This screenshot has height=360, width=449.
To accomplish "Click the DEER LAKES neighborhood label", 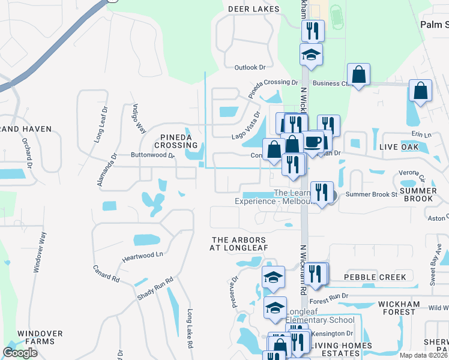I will tap(254, 9).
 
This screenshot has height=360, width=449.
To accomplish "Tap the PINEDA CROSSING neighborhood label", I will tap(175, 142).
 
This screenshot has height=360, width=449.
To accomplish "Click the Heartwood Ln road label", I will tap(143, 254).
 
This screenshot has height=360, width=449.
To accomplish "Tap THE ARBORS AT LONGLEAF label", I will tap(238, 244).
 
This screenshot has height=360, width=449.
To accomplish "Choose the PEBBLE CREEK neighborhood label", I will tap(375, 277).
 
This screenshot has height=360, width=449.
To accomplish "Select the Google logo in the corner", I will tap(20, 352).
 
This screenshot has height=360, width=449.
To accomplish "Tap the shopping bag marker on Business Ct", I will tap(358, 75).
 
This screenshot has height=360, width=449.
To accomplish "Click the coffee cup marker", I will tap(312, 142).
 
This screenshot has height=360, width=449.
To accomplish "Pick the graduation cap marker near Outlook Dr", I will tap(311, 55).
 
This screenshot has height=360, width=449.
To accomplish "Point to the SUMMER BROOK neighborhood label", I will tap(418, 194).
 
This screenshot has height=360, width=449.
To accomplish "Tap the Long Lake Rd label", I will tap(190, 329).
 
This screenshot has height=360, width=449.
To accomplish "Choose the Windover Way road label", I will tap(38, 253).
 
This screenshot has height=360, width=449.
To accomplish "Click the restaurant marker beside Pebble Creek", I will tap(316, 274).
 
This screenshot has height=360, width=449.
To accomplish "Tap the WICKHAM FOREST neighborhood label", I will tap(405, 305).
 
